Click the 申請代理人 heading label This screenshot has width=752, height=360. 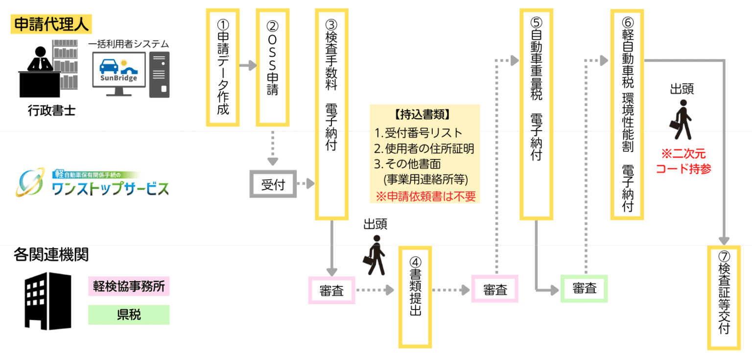51,25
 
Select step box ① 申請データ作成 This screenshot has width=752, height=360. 223,67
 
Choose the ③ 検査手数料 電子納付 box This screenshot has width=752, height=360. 331,114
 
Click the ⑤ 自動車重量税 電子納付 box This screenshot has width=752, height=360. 536,114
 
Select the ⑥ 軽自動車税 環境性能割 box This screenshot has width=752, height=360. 627,115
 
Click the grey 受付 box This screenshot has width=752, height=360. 273,184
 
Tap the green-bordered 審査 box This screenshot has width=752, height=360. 584,289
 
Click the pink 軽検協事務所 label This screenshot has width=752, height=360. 129,287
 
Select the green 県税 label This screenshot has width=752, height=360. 129,314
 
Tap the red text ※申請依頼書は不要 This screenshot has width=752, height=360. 425,196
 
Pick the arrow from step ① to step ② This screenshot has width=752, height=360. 248,65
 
